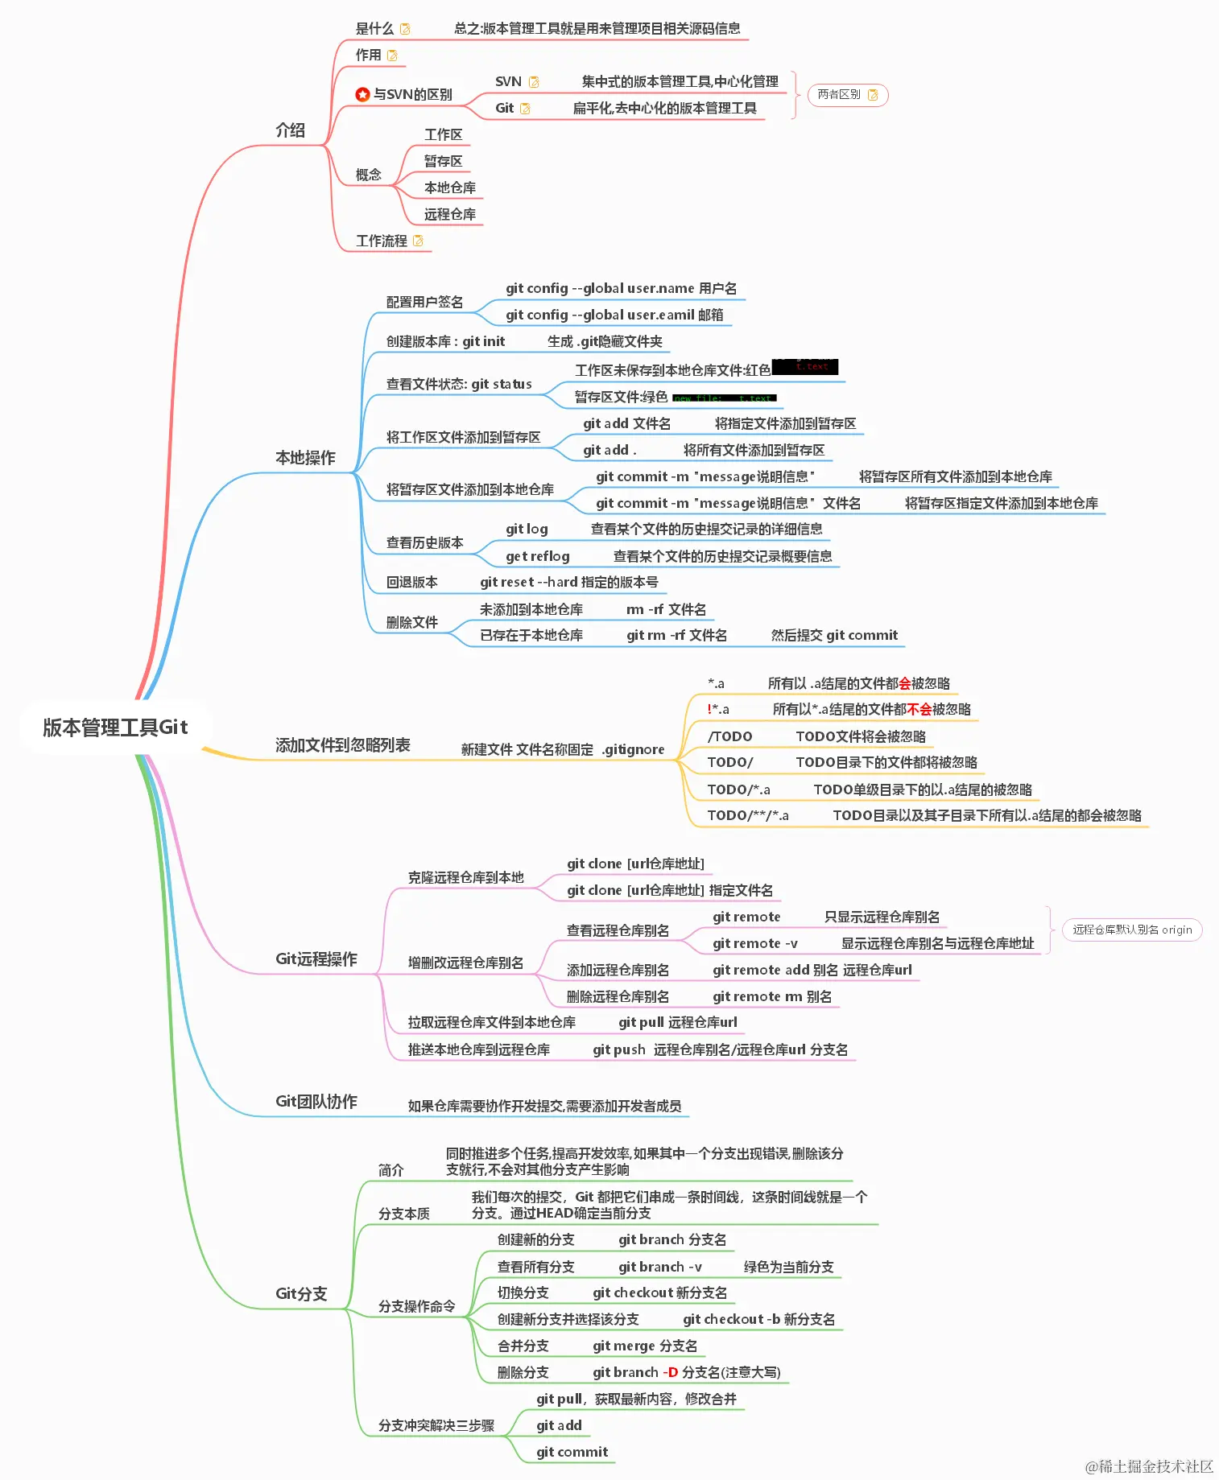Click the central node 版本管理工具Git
(115, 728)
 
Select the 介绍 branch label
(290, 130)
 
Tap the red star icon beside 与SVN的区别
(362, 95)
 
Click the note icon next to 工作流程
(418, 241)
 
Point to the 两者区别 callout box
(847, 95)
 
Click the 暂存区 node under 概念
(443, 161)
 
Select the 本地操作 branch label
(305, 458)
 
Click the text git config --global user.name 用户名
(621, 288)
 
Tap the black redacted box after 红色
(804, 367)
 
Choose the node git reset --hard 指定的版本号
(568, 582)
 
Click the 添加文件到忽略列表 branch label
(342, 745)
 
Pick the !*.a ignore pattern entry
(717, 709)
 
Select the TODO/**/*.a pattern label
(747, 815)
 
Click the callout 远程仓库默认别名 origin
(1131, 930)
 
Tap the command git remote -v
(754, 943)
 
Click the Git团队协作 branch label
(316, 1101)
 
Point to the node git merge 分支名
(644, 1346)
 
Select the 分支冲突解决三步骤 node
(436, 1425)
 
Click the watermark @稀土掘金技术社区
(1149, 1466)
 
